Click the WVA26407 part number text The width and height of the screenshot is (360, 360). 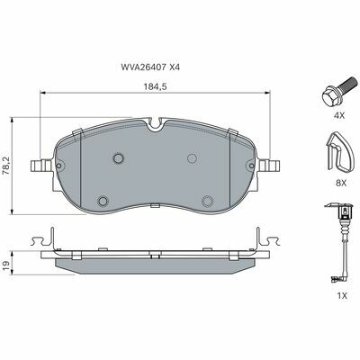coord(143,67)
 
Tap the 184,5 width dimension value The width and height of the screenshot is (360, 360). coord(155,86)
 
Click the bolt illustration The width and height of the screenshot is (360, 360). coord(340,92)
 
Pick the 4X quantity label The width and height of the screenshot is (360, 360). coord(340,115)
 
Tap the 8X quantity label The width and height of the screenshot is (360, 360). coord(341,183)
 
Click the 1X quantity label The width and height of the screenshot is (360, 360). coord(342,295)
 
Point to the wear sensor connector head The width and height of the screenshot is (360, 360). coord(346,211)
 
